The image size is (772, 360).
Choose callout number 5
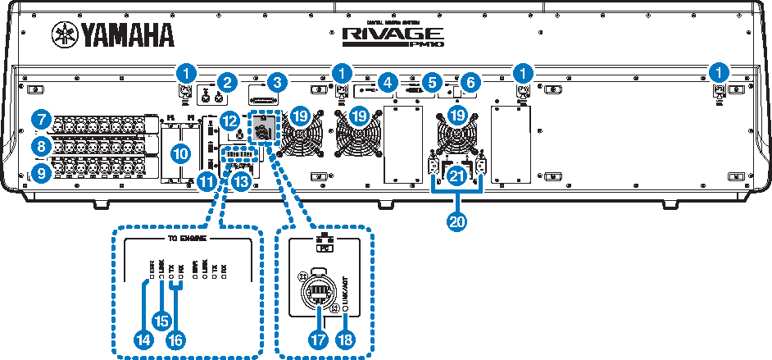click(433, 82)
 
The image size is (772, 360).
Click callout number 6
click(468, 82)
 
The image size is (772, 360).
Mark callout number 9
click(39, 171)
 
